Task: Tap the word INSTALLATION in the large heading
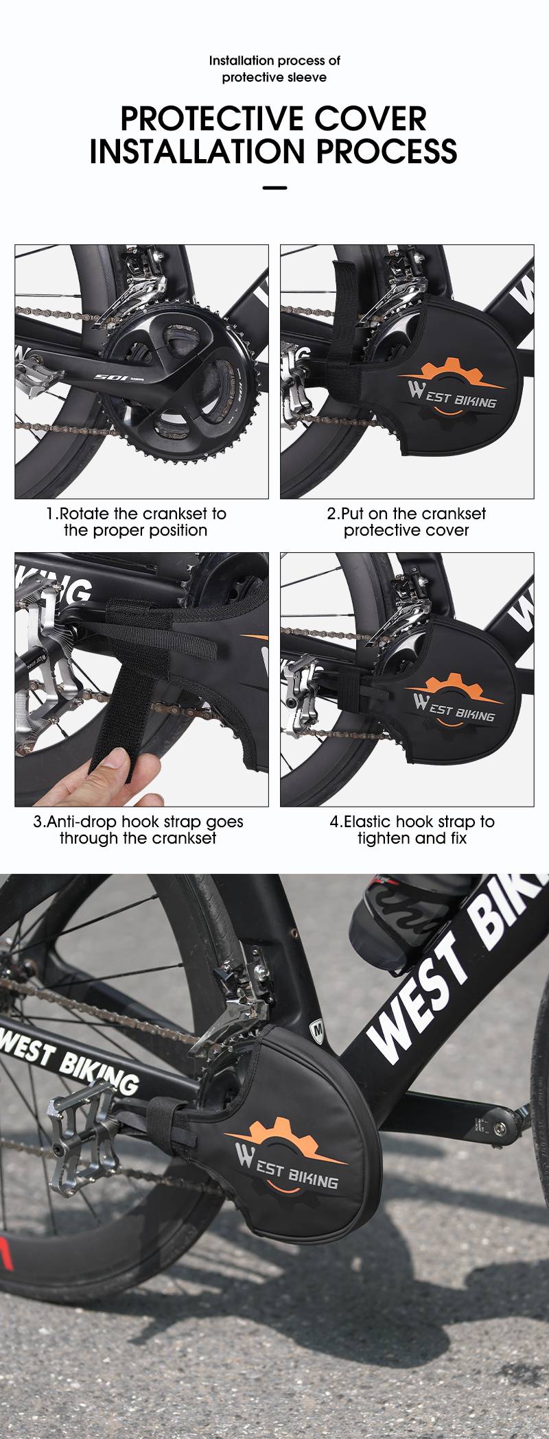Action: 198,151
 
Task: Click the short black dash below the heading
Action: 274,187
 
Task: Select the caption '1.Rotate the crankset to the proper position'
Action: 136,522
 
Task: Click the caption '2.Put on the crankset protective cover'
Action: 406,522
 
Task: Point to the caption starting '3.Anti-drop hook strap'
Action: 138,830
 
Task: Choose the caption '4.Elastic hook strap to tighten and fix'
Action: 412,830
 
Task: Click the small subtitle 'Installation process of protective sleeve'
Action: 274,69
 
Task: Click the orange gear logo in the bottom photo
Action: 288,1142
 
